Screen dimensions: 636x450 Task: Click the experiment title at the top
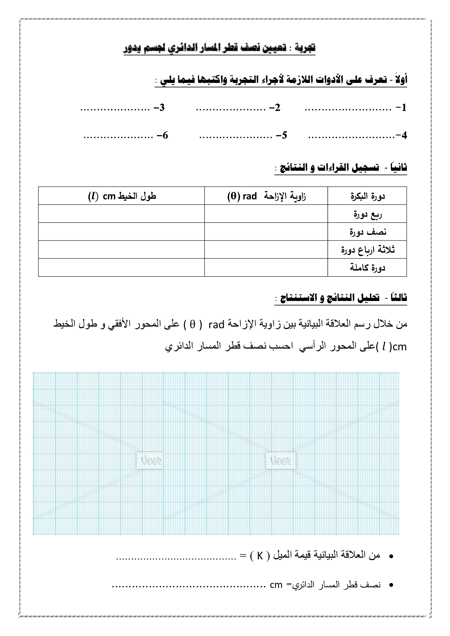pyautogui.click(x=219, y=48)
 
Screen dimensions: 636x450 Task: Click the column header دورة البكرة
pyautogui.click(x=367, y=196)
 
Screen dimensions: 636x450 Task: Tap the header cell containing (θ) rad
pyautogui.click(x=266, y=196)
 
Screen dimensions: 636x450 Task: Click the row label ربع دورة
pyautogui.click(x=367, y=214)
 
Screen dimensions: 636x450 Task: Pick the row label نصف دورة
pyautogui.click(x=367, y=232)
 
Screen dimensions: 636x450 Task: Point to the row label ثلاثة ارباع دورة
pyautogui.click(x=367, y=250)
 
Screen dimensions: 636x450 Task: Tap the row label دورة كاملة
pyautogui.click(x=367, y=268)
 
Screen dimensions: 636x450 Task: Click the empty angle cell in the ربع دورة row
pyautogui.click(x=266, y=214)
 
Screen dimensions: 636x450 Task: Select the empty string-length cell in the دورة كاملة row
pyautogui.click(x=121, y=268)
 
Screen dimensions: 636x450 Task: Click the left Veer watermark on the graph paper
pyautogui.click(x=150, y=461)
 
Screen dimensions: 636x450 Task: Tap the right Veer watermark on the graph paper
pyautogui.click(x=281, y=461)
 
